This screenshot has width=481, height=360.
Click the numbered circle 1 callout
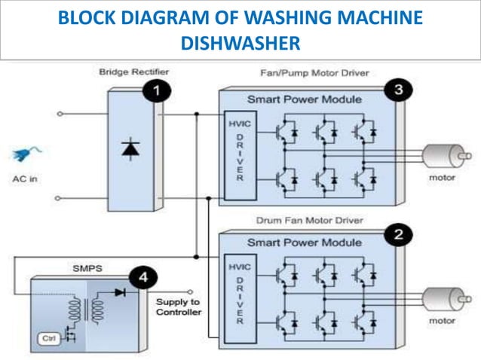click(157, 92)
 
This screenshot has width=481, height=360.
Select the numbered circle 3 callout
click(398, 90)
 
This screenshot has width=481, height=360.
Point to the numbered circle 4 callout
click(142, 279)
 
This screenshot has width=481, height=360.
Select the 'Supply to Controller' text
click(178, 307)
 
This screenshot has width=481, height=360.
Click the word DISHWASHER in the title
click(240, 43)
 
